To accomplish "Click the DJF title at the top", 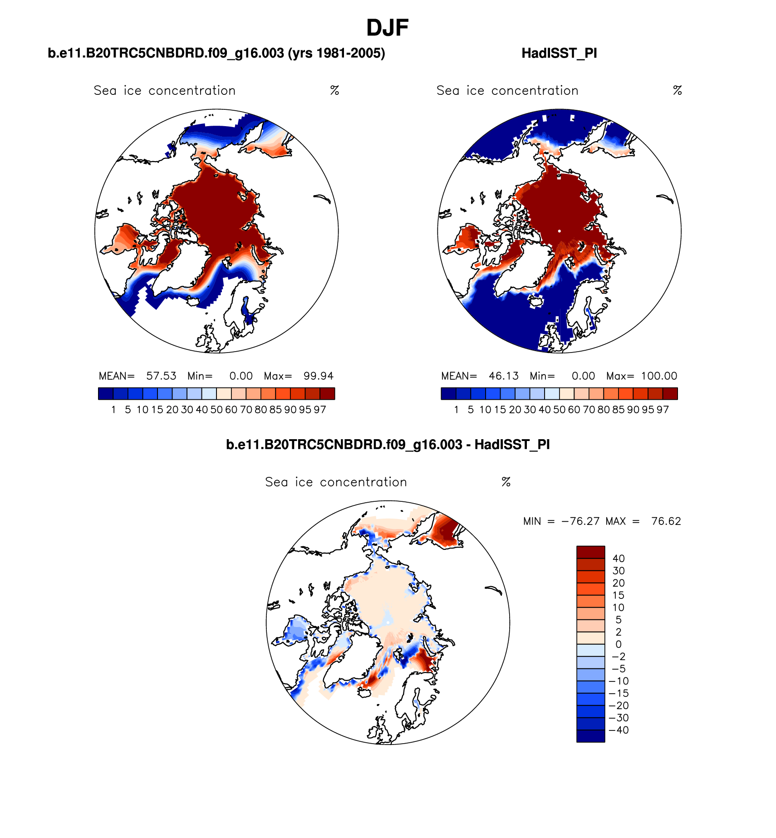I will pos(387,28).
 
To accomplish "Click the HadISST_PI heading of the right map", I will pos(559,54).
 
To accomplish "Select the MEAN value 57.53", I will pos(161,376).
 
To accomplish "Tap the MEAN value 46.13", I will pos(504,376).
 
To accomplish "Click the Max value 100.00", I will pos(659,376).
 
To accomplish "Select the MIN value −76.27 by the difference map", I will pos(580,521).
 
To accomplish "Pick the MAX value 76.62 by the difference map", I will pos(666,521).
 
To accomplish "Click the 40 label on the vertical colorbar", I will pos(619,559).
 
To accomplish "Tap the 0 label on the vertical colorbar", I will pos(619,644).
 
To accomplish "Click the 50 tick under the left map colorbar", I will pos(216,410).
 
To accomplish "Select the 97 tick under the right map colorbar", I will pos(663,410).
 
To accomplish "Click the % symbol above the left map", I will pos(335,91).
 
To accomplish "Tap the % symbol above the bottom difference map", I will pos(506,482).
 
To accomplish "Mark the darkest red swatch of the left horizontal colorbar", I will pos(327,393).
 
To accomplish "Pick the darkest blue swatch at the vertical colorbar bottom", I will pos(590,735).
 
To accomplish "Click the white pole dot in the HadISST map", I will pos(560,231).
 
